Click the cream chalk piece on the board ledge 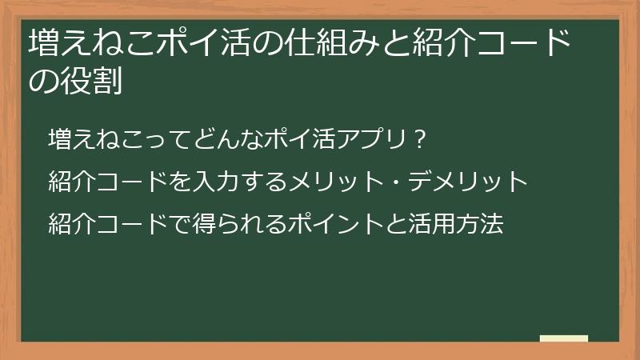(563, 338)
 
